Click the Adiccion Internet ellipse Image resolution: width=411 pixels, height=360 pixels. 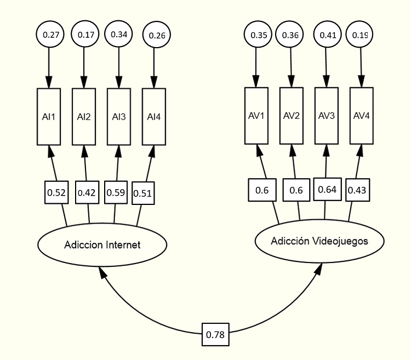tap(102, 245)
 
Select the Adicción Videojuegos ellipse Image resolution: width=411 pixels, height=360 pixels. tap(319, 241)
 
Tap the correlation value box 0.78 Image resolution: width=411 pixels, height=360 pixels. tap(215, 334)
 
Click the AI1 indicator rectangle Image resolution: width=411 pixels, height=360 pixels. tap(49, 117)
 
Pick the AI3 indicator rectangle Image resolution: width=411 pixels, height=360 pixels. tap(118, 117)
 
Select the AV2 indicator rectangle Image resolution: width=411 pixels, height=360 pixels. tap(292, 116)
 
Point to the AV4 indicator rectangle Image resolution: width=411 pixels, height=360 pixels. tap(361, 116)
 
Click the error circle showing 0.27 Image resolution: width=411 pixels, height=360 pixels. tap(50, 35)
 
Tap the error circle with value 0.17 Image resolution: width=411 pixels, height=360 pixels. tap(85, 35)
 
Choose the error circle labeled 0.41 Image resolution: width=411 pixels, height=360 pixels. tap(328, 35)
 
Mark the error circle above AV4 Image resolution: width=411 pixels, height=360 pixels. tap(361, 35)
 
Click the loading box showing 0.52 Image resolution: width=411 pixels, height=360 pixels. tap(56, 192)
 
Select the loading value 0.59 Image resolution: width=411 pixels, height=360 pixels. tap(116, 192)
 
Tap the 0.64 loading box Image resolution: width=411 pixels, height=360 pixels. tap(327, 190)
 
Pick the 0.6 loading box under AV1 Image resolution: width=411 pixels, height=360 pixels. tap(262, 190)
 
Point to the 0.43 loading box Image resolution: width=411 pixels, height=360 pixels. tap(357, 191)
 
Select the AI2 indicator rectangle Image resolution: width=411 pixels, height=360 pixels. tap(84, 117)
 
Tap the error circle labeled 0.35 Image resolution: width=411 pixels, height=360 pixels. tap(258, 35)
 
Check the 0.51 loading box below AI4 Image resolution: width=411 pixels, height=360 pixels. tap(143, 193)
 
